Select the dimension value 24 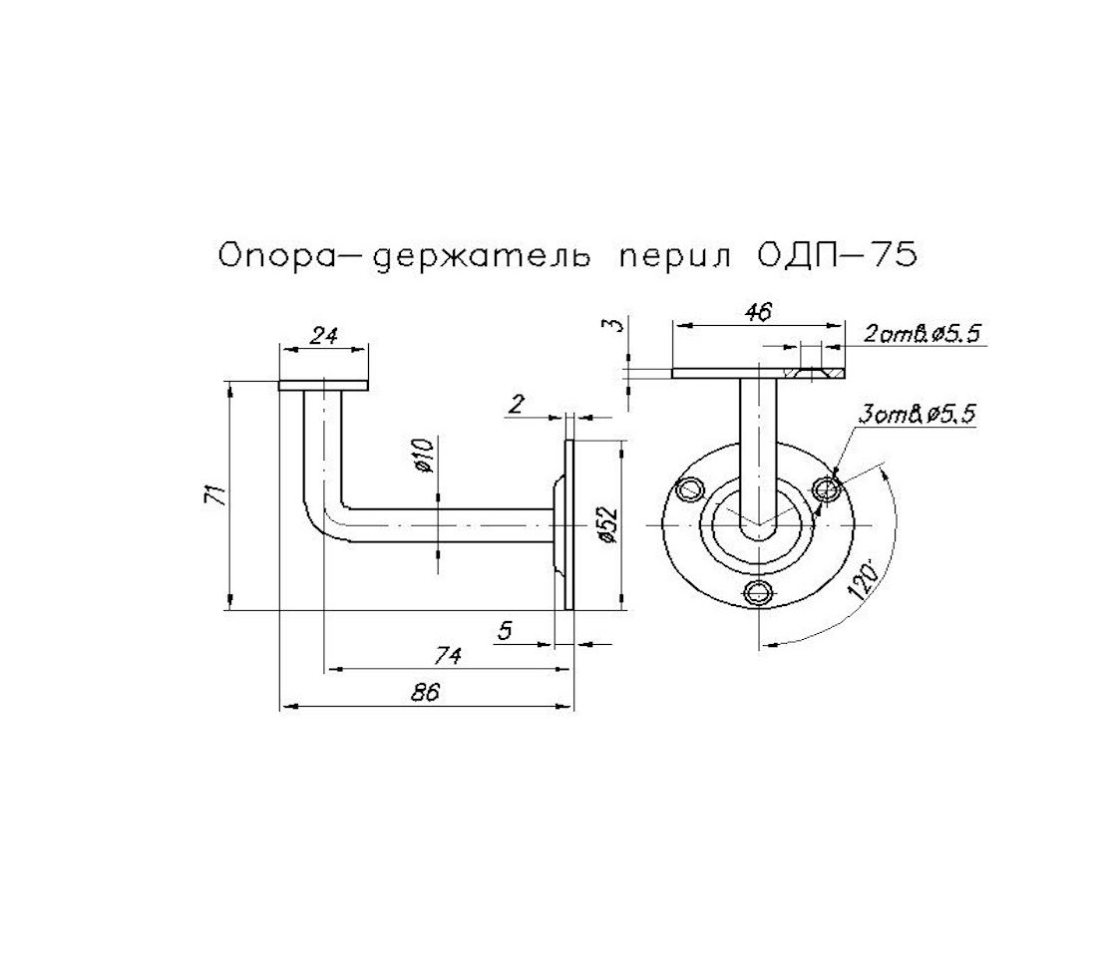tap(322, 336)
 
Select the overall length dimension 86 tap(426, 693)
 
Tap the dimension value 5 tap(505, 630)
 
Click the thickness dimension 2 tap(517, 403)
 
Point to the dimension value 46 tap(758, 312)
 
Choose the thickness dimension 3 tap(615, 325)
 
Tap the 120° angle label tap(865, 579)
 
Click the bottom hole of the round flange tap(760, 593)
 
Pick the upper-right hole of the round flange tap(827, 488)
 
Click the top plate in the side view tap(323, 385)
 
